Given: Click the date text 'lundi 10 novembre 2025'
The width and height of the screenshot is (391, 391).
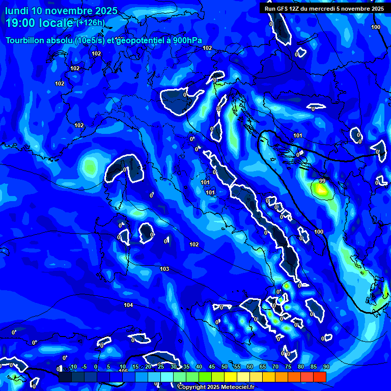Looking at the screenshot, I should [61, 11].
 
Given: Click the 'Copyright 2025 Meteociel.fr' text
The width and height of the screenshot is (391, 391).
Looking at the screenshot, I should [216, 387].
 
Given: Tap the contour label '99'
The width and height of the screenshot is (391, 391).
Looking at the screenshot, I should [322, 181].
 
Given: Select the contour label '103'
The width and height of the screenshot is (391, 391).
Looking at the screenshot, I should [164, 269].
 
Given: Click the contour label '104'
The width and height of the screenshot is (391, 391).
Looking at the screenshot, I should [128, 305].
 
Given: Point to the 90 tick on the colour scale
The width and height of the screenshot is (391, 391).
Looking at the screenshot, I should [326, 367].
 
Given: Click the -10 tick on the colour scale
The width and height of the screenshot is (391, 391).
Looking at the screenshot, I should [73, 367].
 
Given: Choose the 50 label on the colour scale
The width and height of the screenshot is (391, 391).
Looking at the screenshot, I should [225, 367].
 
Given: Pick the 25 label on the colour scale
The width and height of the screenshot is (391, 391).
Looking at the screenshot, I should [161, 367].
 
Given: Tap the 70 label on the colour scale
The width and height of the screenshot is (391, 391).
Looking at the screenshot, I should [275, 367].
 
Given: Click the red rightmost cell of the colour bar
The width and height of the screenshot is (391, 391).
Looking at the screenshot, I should [320, 377].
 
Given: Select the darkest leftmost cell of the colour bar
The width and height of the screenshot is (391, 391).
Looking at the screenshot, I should [65, 377].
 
